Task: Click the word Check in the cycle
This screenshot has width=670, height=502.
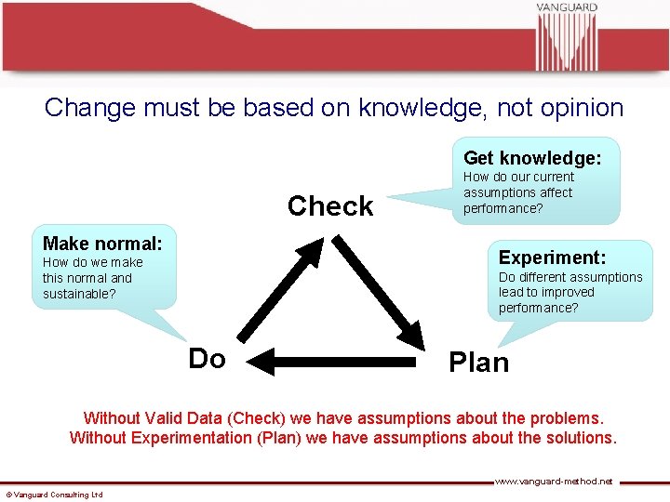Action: tap(330, 205)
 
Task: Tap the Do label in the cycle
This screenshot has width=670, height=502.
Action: tap(207, 358)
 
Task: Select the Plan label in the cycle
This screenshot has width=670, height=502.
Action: tap(478, 362)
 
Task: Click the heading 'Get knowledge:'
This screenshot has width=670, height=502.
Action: tap(532, 157)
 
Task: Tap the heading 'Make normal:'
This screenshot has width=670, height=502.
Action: tap(102, 244)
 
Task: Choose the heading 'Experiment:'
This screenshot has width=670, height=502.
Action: tap(552, 258)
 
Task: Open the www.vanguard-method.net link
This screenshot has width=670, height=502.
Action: tap(553, 482)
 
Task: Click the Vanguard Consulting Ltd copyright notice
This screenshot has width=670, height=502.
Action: tap(54, 495)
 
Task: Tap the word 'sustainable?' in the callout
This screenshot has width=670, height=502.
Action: tap(79, 294)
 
